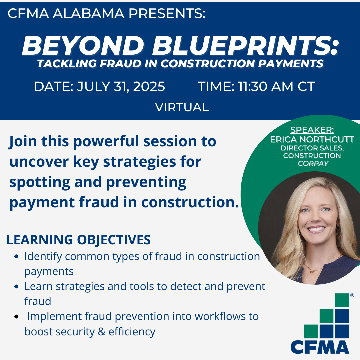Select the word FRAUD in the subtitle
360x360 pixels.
(x=121, y=64)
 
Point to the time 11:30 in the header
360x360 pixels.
(x=253, y=87)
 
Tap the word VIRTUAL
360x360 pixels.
(x=182, y=107)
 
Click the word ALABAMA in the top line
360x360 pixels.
(x=88, y=13)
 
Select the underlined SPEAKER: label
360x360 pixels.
(x=312, y=130)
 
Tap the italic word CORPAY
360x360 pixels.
(x=313, y=163)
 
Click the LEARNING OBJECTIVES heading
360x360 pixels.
(x=79, y=240)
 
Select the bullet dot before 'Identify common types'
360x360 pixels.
(x=16, y=256)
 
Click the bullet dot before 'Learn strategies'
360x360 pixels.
(x=16, y=287)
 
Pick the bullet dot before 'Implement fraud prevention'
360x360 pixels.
(x=16, y=317)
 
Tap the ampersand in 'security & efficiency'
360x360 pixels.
(x=101, y=332)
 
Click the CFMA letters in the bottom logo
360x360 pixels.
(x=320, y=347)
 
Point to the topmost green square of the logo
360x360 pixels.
(x=342, y=300)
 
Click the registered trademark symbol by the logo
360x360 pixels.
(x=352, y=295)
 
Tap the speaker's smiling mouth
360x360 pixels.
(x=316, y=229)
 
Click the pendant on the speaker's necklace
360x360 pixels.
(x=312, y=271)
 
